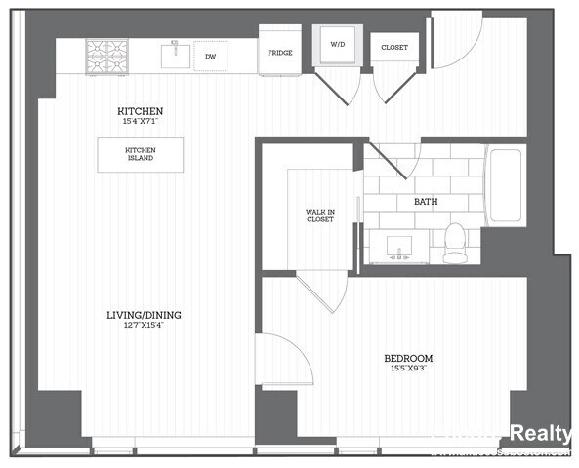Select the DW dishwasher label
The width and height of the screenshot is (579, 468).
click(210, 57)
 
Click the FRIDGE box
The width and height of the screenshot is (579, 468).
click(279, 52)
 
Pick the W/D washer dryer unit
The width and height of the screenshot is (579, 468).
click(336, 44)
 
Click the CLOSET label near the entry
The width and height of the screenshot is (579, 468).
click(394, 47)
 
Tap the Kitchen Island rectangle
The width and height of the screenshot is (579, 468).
click(140, 154)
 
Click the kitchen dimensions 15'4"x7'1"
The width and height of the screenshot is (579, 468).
click(140, 121)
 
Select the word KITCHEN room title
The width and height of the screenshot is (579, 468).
click(140, 111)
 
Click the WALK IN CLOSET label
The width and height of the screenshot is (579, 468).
click(319, 214)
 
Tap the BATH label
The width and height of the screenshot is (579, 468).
click(426, 202)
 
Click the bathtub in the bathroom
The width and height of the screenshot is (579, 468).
click(506, 185)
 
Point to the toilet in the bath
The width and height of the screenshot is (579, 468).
click(455, 243)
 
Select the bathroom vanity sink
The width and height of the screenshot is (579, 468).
click(398, 246)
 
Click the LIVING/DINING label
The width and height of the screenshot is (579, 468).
click(144, 315)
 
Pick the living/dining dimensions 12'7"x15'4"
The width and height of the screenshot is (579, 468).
click(144, 325)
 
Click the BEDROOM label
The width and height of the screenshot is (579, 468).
click(408, 358)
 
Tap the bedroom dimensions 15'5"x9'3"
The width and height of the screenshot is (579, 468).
click(408, 369)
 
